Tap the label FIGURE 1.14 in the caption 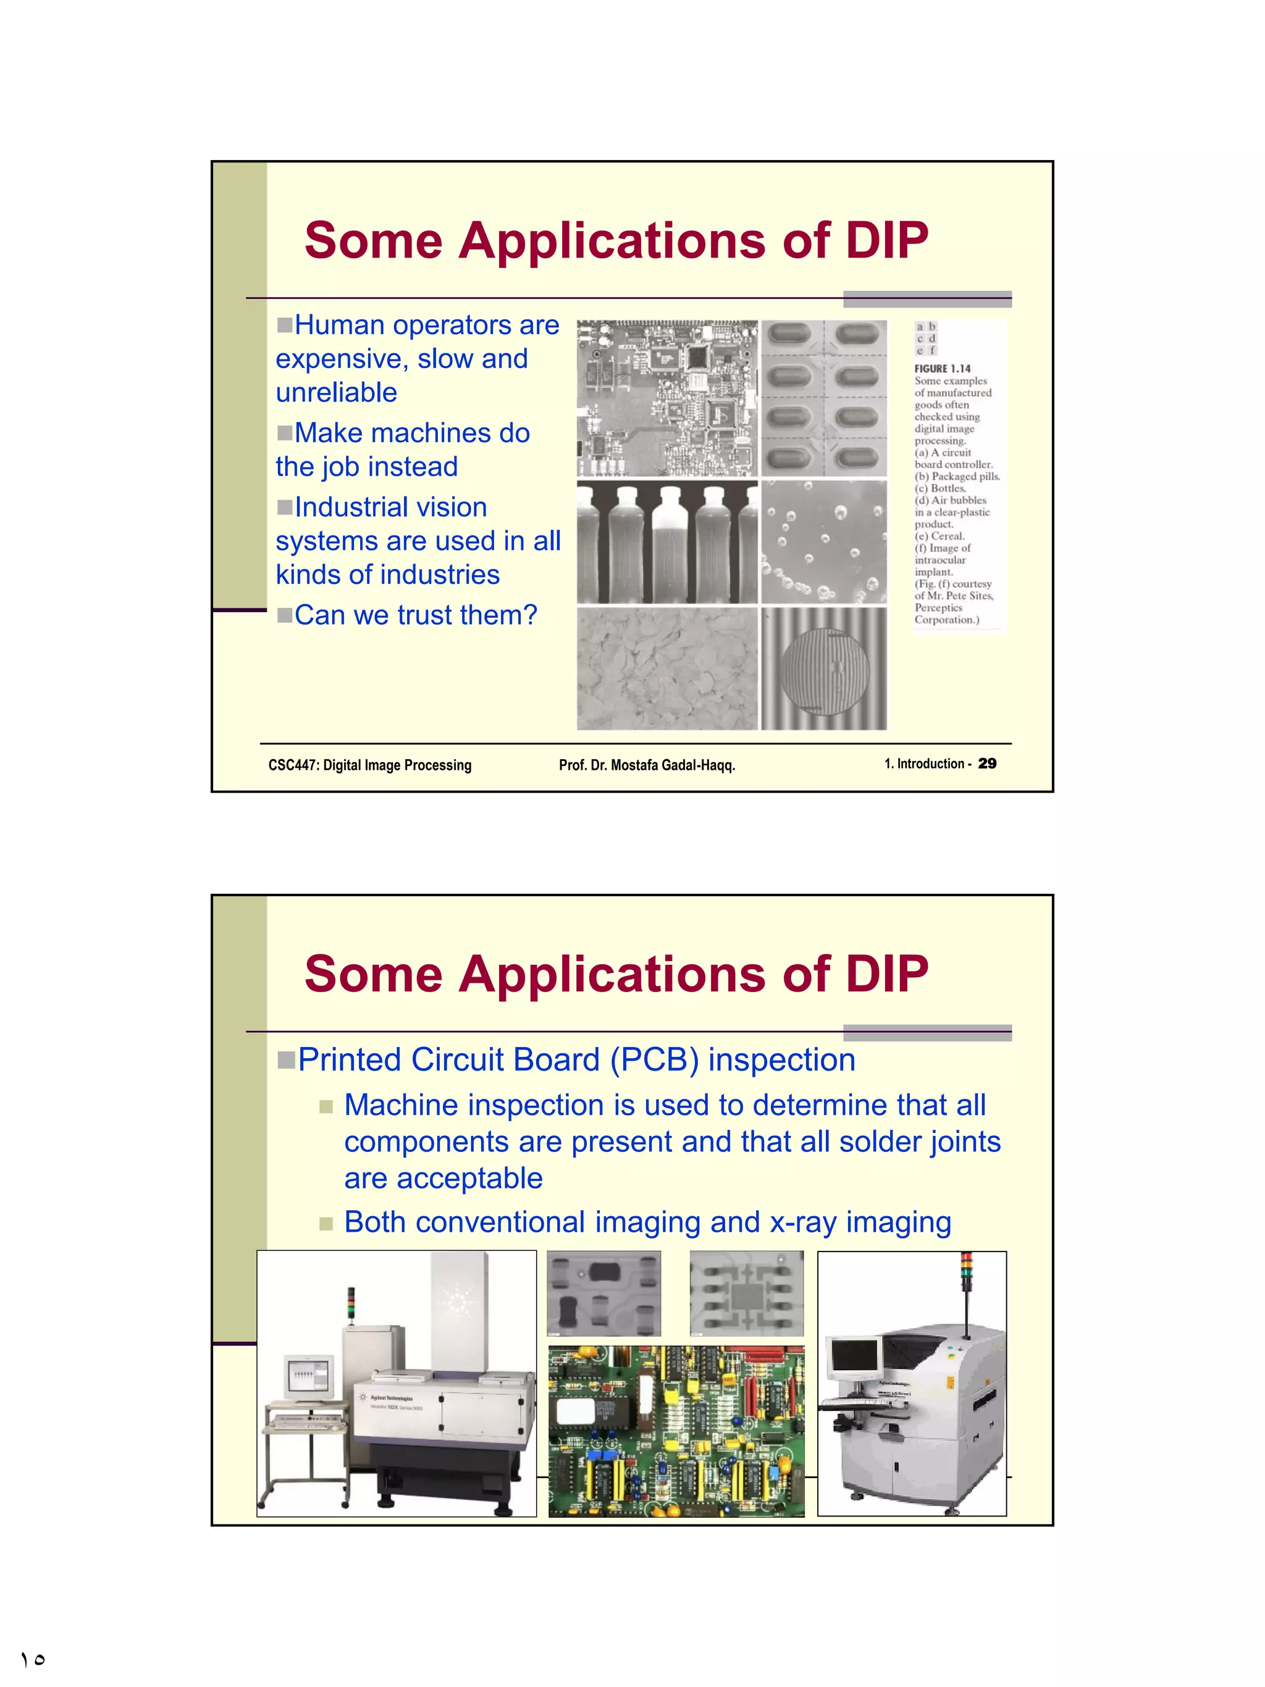tap(943, 368)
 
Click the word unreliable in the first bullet tap(336, 393)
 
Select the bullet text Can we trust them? tap(416, 615)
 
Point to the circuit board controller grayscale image tap(667, 398)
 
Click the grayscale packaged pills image tap(823, 398)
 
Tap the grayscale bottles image tap(667, 542)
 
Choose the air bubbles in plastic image tap(823, 542)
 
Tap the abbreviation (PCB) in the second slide tap(654, 1060)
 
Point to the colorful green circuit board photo tap(676, 1431)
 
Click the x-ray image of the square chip tap(747, 1293)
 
